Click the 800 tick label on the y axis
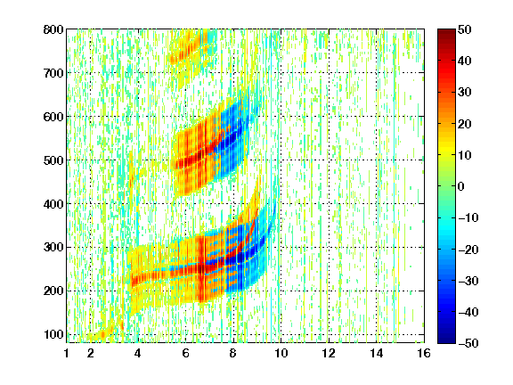point(53,29)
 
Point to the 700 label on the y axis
point(53,73)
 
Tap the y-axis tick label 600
point(53,117)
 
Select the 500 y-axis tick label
point(53,160)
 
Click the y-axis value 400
point(53,204)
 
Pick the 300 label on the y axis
point(53,248)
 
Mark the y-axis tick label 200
point(53,291)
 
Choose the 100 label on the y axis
point(53,334)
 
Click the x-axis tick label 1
point(67,353)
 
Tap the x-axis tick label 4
point(138,353)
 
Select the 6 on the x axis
point(185,353)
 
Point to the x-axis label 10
point(281,353)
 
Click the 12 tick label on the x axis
point(329,353)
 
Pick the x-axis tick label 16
point(424,353)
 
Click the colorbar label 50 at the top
point(465,29)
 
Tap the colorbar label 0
point(461,186)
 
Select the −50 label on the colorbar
point(468,343)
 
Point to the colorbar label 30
point(465,93)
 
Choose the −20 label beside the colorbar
point(468,250)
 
